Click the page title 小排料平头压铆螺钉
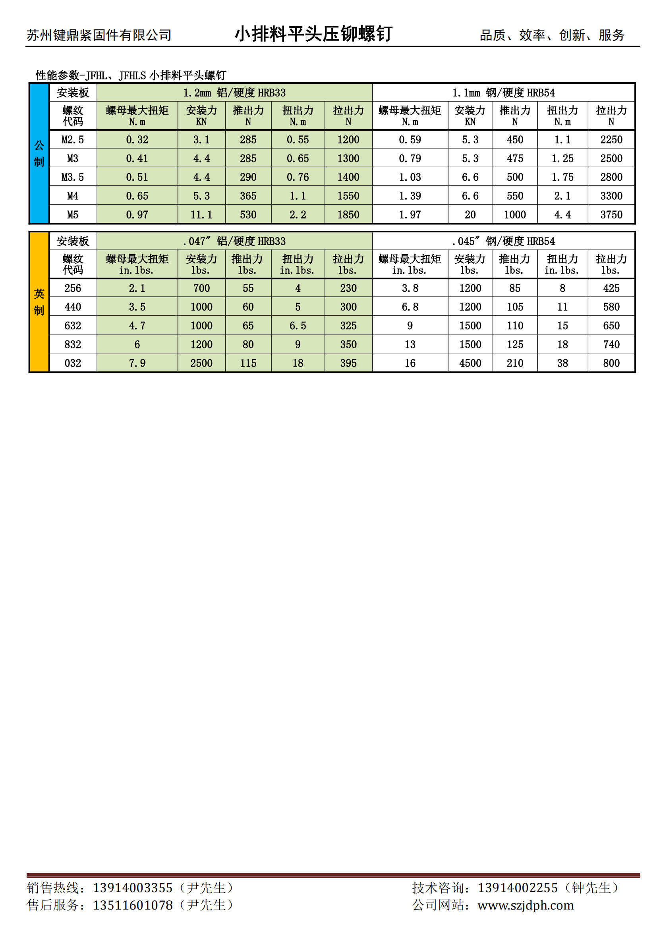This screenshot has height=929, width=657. (x=313, y=34)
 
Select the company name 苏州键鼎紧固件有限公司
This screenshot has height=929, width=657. (x=99, y=35)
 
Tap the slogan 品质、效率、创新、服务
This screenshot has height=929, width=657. (x=552, y=35)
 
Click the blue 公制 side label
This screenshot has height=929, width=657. (x=39, y=153)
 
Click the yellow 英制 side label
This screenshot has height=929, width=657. (x=39, y=302)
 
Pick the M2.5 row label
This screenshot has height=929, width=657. (x=73, y=139)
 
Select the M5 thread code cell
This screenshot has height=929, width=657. (x=73, y=214)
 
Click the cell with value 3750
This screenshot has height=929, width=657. (x=611, y=214)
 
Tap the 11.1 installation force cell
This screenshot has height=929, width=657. (x=201, y=214)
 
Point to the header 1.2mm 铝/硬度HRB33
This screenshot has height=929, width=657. (x=234, y=93)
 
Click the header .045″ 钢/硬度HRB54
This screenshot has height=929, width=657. (x=503, y=241)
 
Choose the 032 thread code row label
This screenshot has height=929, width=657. (x=73, y=363)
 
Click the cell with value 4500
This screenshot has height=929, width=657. (x=470, y=363)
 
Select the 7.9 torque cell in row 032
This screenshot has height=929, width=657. (x=137, y=363)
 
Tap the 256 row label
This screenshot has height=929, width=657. (x=73, y=288)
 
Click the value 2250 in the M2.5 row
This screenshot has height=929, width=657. (x=611, y=139)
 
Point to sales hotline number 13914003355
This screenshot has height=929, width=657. (x=133, y=888)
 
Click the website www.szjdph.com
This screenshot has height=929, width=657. (x=526, y=905)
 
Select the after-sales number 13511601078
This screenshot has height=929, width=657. (x=133, y=905)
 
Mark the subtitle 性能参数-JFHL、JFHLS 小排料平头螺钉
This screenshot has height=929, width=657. (x=131, y=75)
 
